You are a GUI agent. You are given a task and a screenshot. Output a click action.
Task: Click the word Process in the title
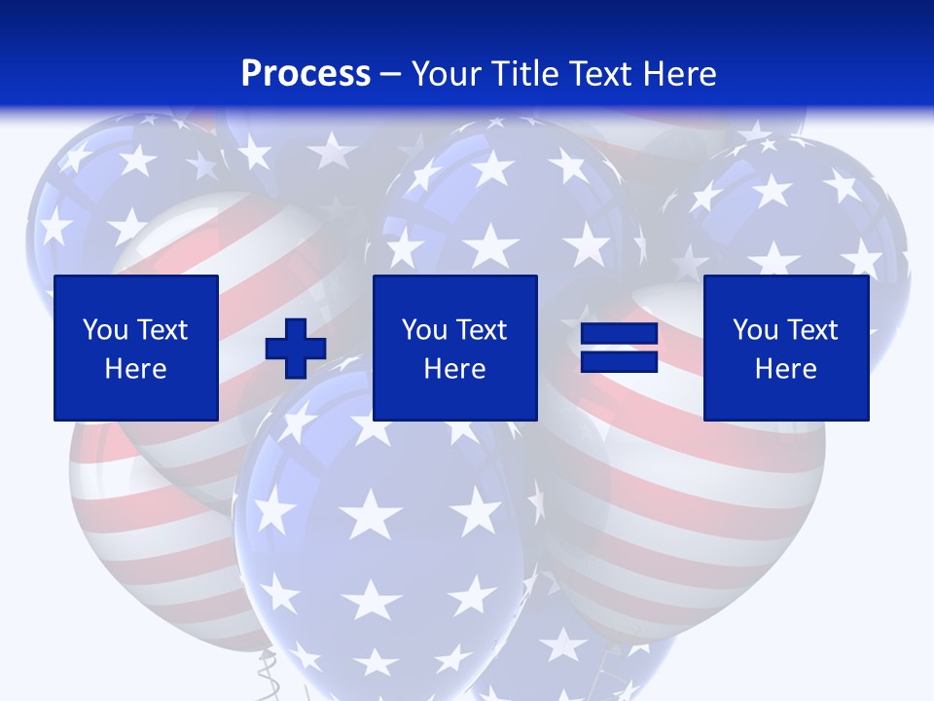(305, 73)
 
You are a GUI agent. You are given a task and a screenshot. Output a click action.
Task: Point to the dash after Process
(391, 74)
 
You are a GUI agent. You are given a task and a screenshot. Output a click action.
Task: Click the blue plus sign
(296, 349)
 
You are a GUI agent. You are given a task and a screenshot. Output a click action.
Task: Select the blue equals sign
(619, 349)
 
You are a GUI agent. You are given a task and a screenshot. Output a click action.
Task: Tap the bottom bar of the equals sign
(619, 362)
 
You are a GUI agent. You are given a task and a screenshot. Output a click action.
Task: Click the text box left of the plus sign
(136, 348)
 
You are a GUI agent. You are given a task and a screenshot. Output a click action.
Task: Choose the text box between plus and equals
(455, 348)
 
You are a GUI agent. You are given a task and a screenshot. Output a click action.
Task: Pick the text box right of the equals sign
(786, 348)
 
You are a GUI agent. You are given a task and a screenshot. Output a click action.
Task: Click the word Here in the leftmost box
(136, 369)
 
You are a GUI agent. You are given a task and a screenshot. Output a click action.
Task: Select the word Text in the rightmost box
(813, 330)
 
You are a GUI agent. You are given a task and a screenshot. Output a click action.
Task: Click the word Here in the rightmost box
(786, 369)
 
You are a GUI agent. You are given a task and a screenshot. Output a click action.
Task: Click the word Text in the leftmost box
(163, 330)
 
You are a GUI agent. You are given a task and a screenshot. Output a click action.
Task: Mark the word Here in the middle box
(455, 369)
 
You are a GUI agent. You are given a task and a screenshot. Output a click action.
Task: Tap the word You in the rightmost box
(754, 330)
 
